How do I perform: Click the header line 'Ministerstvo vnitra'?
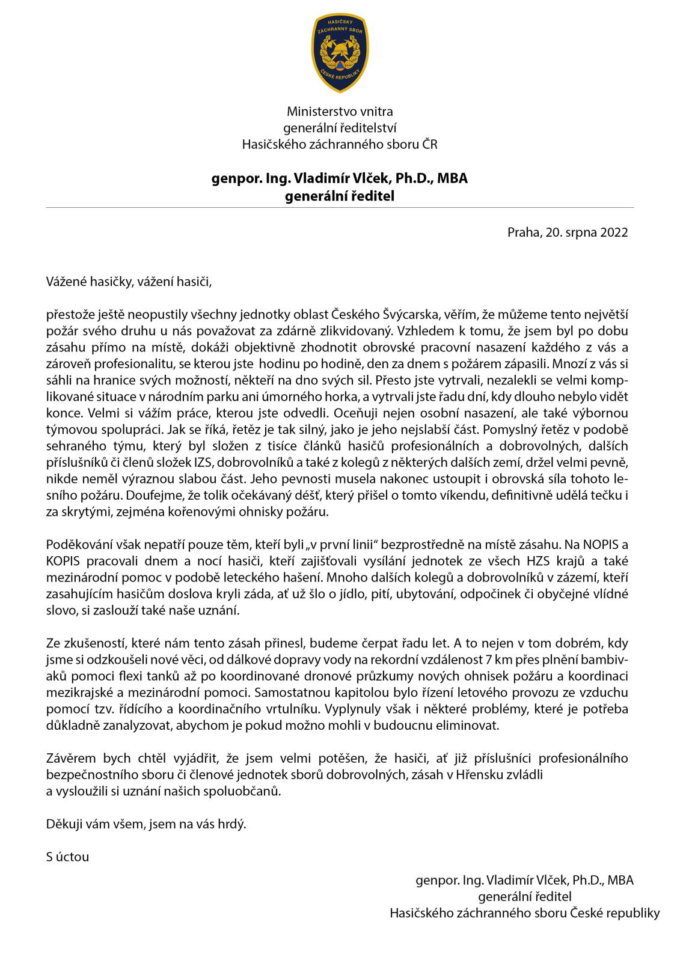point(340,111)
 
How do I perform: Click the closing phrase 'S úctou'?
point(67,857)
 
